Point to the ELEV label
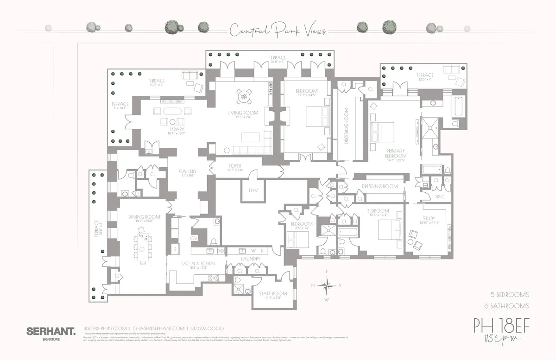(253, 190)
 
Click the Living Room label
(242, 113)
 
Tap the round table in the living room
(243, 96)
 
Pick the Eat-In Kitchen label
(198, 263)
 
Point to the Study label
(429, 219)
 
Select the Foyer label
(235, 166)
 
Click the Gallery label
(188, 171)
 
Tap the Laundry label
(250, 259)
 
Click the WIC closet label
(440, 197)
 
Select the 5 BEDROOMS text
(510, 295)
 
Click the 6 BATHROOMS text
(510, 305)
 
